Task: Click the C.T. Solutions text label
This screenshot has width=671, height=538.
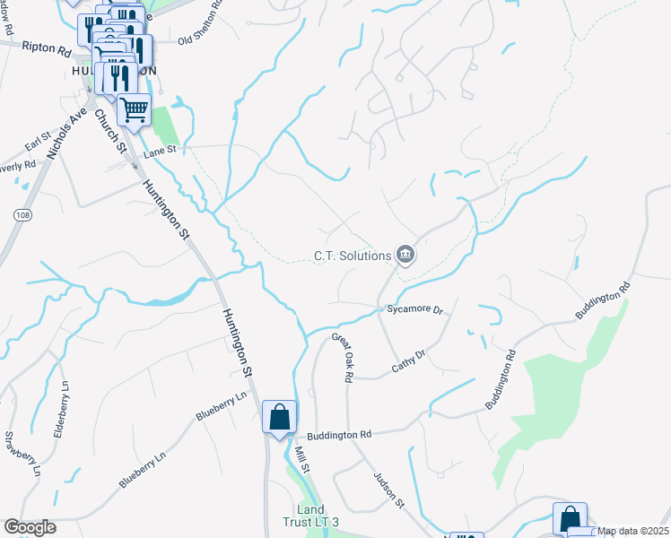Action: (x=353, y=256)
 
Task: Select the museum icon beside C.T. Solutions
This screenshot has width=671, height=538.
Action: (x=405, y=256)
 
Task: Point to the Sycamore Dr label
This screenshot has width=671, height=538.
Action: (x=415, y=309)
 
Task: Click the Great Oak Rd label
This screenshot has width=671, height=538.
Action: (x=342, y=358)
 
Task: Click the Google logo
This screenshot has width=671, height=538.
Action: (x=30, y=527)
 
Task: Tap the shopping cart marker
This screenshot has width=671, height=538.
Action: (x=134, y=110)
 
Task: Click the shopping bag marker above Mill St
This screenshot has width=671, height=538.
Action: (x=279, y=417)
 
